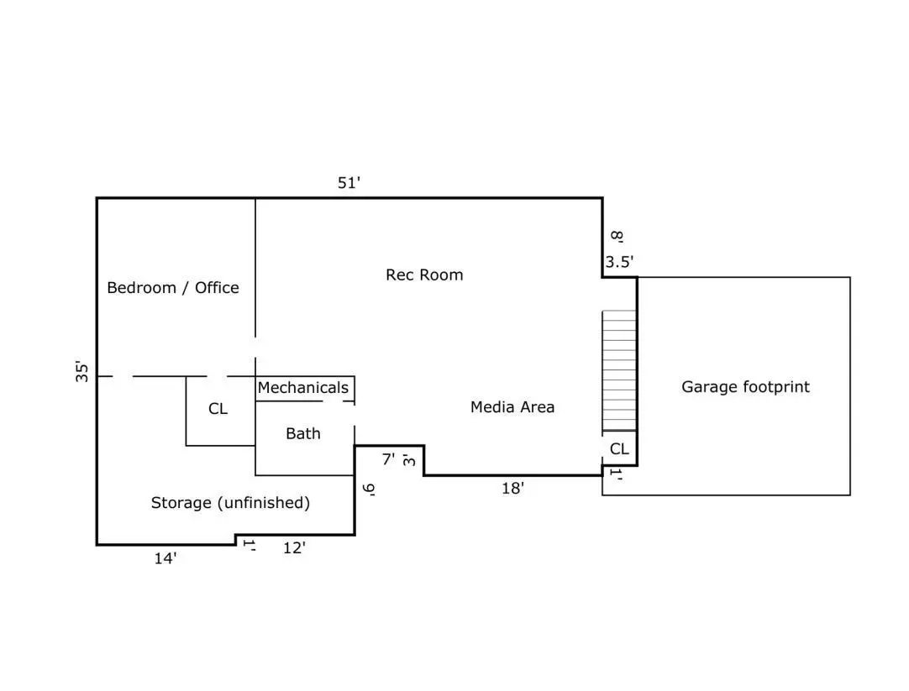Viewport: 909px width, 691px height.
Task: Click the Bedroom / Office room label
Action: [x=173, y=288]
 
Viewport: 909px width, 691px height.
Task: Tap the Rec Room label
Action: [x=424, y=275]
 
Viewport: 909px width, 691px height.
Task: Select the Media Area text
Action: [x=512, y=407]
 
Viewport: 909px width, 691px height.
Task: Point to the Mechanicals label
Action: [x=302, y=388]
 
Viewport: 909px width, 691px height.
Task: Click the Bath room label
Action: [x=302, y=433]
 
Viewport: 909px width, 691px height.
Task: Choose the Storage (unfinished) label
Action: [x=230, y=503]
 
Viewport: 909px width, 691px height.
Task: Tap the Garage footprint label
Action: [x=745, y=387]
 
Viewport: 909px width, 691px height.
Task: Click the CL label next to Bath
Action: [x=218, y=409]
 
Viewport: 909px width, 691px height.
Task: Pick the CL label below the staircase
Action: [x=619, y=449]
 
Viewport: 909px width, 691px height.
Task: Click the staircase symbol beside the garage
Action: [x=619, y=369]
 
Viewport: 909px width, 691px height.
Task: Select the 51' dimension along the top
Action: [x=349, y=182]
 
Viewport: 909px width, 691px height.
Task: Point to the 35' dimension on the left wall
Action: [x=81, y=371]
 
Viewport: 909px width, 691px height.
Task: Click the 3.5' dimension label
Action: [x=619, y=262]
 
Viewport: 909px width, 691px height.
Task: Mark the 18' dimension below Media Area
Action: [x=512, y=488]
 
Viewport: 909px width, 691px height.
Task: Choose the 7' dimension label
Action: [x=388, y=459]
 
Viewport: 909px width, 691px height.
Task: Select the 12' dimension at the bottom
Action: [x=294, y=548]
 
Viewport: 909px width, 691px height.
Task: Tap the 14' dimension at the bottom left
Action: [x=166, y=558]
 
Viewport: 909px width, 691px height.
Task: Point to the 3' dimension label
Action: [x=408, y=459]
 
